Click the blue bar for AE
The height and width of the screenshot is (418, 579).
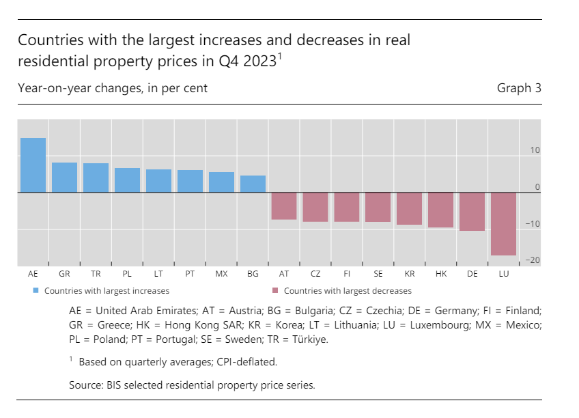[33, 165]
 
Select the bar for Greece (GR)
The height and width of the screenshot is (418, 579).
[64, 178]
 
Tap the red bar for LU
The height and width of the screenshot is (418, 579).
[503, 224]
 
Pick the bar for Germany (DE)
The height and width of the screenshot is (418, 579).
[472, 212]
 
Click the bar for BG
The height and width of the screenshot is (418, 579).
[253, 184]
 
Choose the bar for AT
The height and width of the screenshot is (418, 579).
[284, 206]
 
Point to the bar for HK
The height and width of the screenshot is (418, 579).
[440, 210]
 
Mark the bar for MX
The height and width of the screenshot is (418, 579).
[221, 182]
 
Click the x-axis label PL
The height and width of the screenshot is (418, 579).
[127, 274]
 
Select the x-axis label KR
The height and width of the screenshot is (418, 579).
[410, 274]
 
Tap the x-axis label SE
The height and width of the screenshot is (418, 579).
[378, 274]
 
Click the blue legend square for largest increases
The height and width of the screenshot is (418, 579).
[36, 290]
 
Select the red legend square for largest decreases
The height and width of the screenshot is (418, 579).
[275, 290]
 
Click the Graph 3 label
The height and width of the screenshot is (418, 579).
[519, 88]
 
